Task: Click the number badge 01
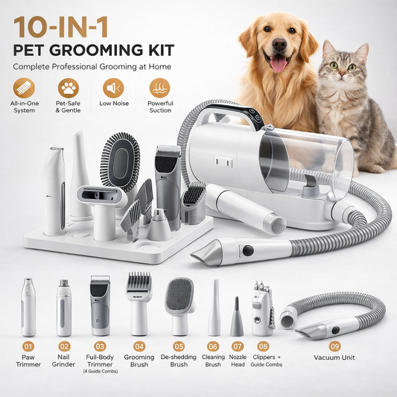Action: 28,346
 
